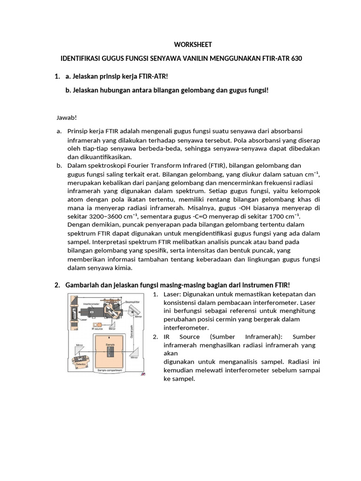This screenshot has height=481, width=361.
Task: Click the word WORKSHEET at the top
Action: [193, 45]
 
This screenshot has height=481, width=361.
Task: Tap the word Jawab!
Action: [66, 117]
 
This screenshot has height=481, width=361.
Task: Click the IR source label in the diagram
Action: [97, 329]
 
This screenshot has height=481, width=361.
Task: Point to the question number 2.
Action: [57, 285]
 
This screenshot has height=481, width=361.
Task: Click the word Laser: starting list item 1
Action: [173, 294]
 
